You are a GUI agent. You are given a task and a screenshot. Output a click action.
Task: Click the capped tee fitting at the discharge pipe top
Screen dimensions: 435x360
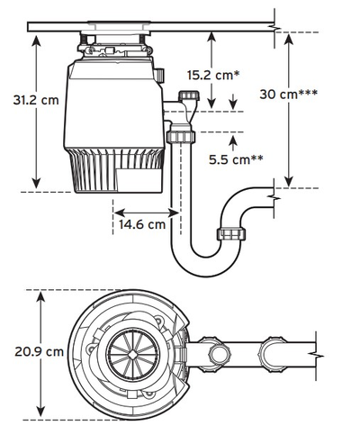pyautogui.click(x=190, y=97)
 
